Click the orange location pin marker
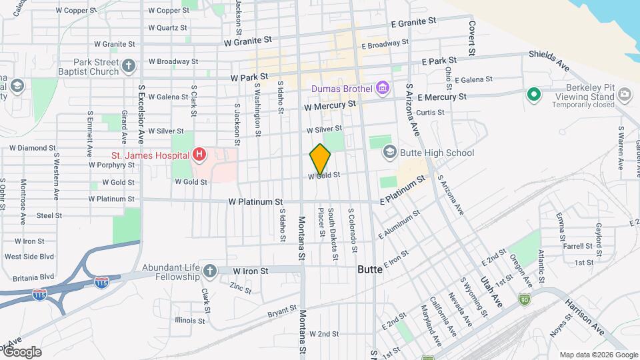320,159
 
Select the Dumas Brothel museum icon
382,88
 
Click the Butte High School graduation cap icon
389,153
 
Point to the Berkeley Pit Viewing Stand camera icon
624,95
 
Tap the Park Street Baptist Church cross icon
129,66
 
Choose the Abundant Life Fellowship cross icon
210,271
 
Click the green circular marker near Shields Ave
533,95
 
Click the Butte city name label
370,270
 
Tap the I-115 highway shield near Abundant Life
101,283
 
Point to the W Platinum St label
255,201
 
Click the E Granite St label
413,22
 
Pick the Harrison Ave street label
585,317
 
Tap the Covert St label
472,37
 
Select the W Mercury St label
329,105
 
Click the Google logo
21,352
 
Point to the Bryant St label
282,310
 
